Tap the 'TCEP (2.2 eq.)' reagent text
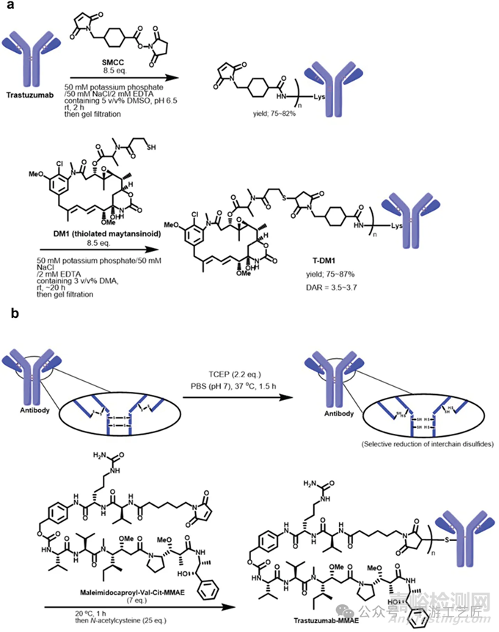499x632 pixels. pyautogui.click(x=230, y=374)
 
